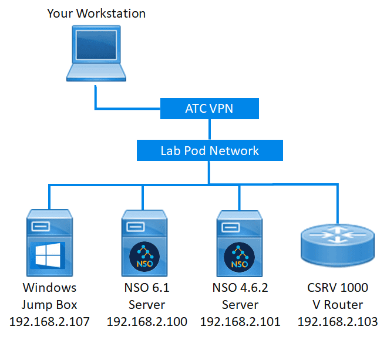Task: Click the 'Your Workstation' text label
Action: (96, 13)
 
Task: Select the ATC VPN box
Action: (209, 109)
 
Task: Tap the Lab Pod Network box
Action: (210, 150)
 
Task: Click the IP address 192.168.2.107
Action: (50, 322)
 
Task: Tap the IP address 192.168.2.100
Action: (147, 322)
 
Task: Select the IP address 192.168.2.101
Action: (240, 322)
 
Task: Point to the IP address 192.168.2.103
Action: (338, 322)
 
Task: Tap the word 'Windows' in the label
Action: (49, 288)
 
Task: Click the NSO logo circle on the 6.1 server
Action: (143, 257)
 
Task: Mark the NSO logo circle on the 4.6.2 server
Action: (239, 257)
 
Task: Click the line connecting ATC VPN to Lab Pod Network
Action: (209, 129)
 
